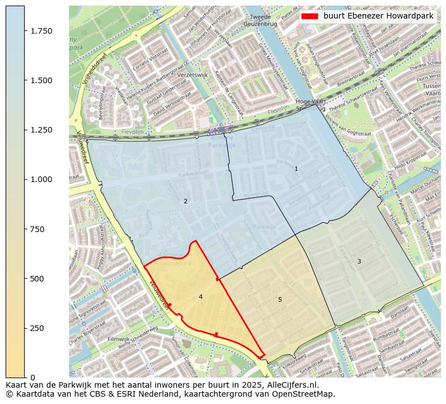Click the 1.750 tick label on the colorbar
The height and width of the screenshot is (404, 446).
(x=40, y=31)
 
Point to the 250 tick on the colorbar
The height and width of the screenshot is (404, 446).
(x=37, y=328)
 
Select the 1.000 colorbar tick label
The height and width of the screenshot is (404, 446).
(x=40, y=179)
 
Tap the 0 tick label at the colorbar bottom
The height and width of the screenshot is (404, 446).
(x=33, y=378)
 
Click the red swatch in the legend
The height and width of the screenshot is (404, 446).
(x=310, y=16)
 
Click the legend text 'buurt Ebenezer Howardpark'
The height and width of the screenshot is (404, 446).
(x=378, y=16)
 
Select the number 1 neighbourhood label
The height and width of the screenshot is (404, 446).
(x=296, y=169)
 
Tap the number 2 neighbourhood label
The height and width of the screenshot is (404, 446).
(x=185, y=201)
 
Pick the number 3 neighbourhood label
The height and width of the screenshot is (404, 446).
(x=359, y=261)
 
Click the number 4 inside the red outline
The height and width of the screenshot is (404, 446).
(x=201, y=297)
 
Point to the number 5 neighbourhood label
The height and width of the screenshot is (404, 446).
(x=280, y=299)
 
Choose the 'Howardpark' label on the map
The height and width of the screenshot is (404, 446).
(x=171, y=263)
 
